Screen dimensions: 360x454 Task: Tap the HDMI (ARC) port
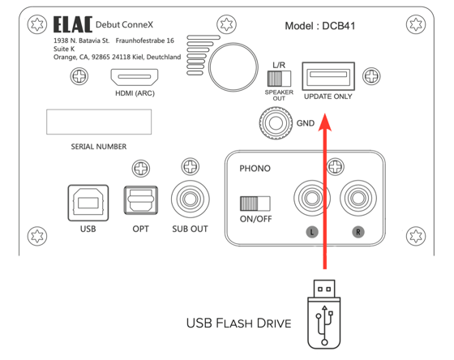[135, 79]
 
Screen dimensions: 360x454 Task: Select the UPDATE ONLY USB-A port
[328, 78]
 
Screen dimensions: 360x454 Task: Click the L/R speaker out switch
[279, 78]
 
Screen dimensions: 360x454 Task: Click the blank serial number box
[99, 122]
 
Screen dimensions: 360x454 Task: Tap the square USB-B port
[88, 200]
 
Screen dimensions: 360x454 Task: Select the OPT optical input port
[140, 199]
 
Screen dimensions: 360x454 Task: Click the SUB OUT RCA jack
[189, 199]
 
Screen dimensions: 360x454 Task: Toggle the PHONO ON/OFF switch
[255, 203]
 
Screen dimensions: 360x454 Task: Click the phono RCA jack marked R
[358, 198]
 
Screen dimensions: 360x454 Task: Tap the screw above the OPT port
[140, 168]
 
